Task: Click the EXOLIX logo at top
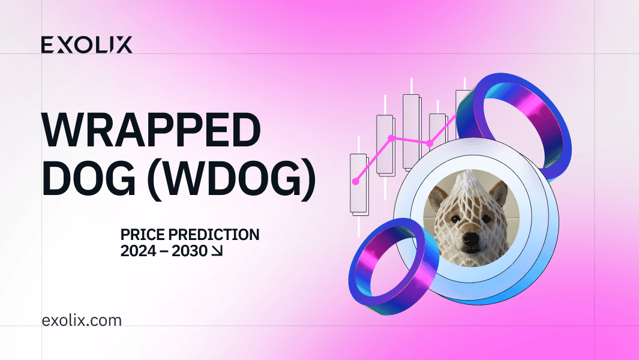pyautogui.click(x=87, y=45)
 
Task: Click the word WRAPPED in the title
pyautogui.click(x=151, y=130)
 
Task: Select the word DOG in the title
pyautogui.click(x=88, y=179)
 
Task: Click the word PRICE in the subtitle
pyautogui.click(x=143, y=235)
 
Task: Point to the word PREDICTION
pyautogui.click(x=214, y=235)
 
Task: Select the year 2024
pyautogui.click(x=139, y=251)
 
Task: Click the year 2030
pyautogui.click(x=190, y=251)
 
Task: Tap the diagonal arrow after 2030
pyautogui.click(x=217, y=251)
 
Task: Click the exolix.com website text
pyautogui.click(x=82, y=320)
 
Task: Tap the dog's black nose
pyautogui.click(x=473, y=239)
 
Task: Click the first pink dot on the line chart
pyautogui.click(x=356, y=182)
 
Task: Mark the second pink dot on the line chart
pyautogui.click(x=391, y=139)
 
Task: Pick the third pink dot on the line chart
pyautogui.click(x=430, y=143)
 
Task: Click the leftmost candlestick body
pyautogui.click(x=359, y=184)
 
